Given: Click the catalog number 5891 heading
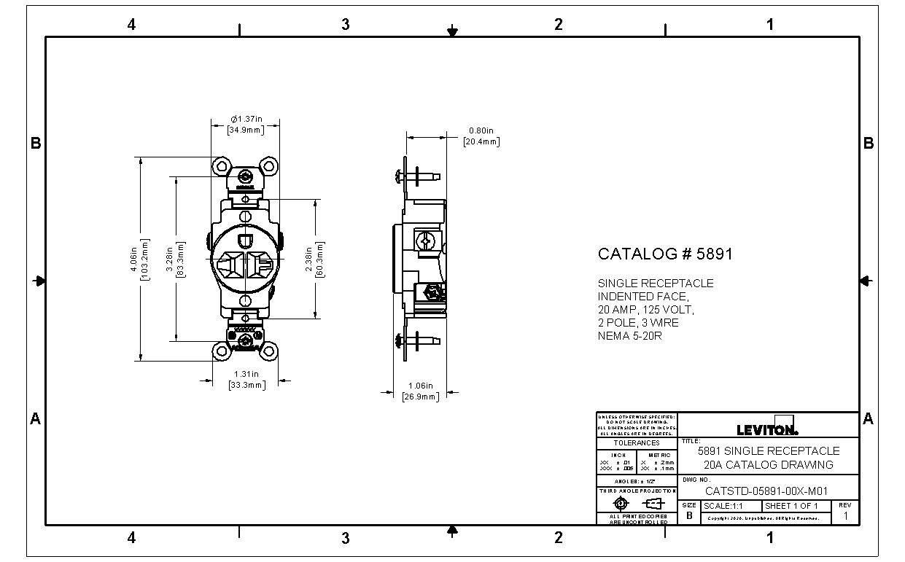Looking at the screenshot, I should tap(665, 254).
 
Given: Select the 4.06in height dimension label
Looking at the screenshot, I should tap(139, 258).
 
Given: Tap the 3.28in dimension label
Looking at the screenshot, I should tap(174, 259).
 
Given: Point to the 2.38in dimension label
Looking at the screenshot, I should tap(314, 259).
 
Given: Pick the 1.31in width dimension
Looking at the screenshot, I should tap(246, 379).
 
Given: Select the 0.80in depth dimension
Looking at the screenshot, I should tap(481, 136).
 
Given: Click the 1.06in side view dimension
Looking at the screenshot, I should tap(421, 391).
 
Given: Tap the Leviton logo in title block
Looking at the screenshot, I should tap(767, 429).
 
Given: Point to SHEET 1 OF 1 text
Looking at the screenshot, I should tap(791, 506).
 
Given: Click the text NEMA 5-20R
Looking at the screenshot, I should tap(629, 336).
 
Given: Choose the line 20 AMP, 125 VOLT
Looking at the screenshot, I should tap(646, 310).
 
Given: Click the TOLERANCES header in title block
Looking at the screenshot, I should tap(636, 443).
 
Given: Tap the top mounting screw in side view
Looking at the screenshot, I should tap(416, 176).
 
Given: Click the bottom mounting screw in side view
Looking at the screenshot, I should tap(416, 340).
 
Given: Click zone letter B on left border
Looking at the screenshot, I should tap(35, 144).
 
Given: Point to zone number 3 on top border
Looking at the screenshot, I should tap(345, 24).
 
